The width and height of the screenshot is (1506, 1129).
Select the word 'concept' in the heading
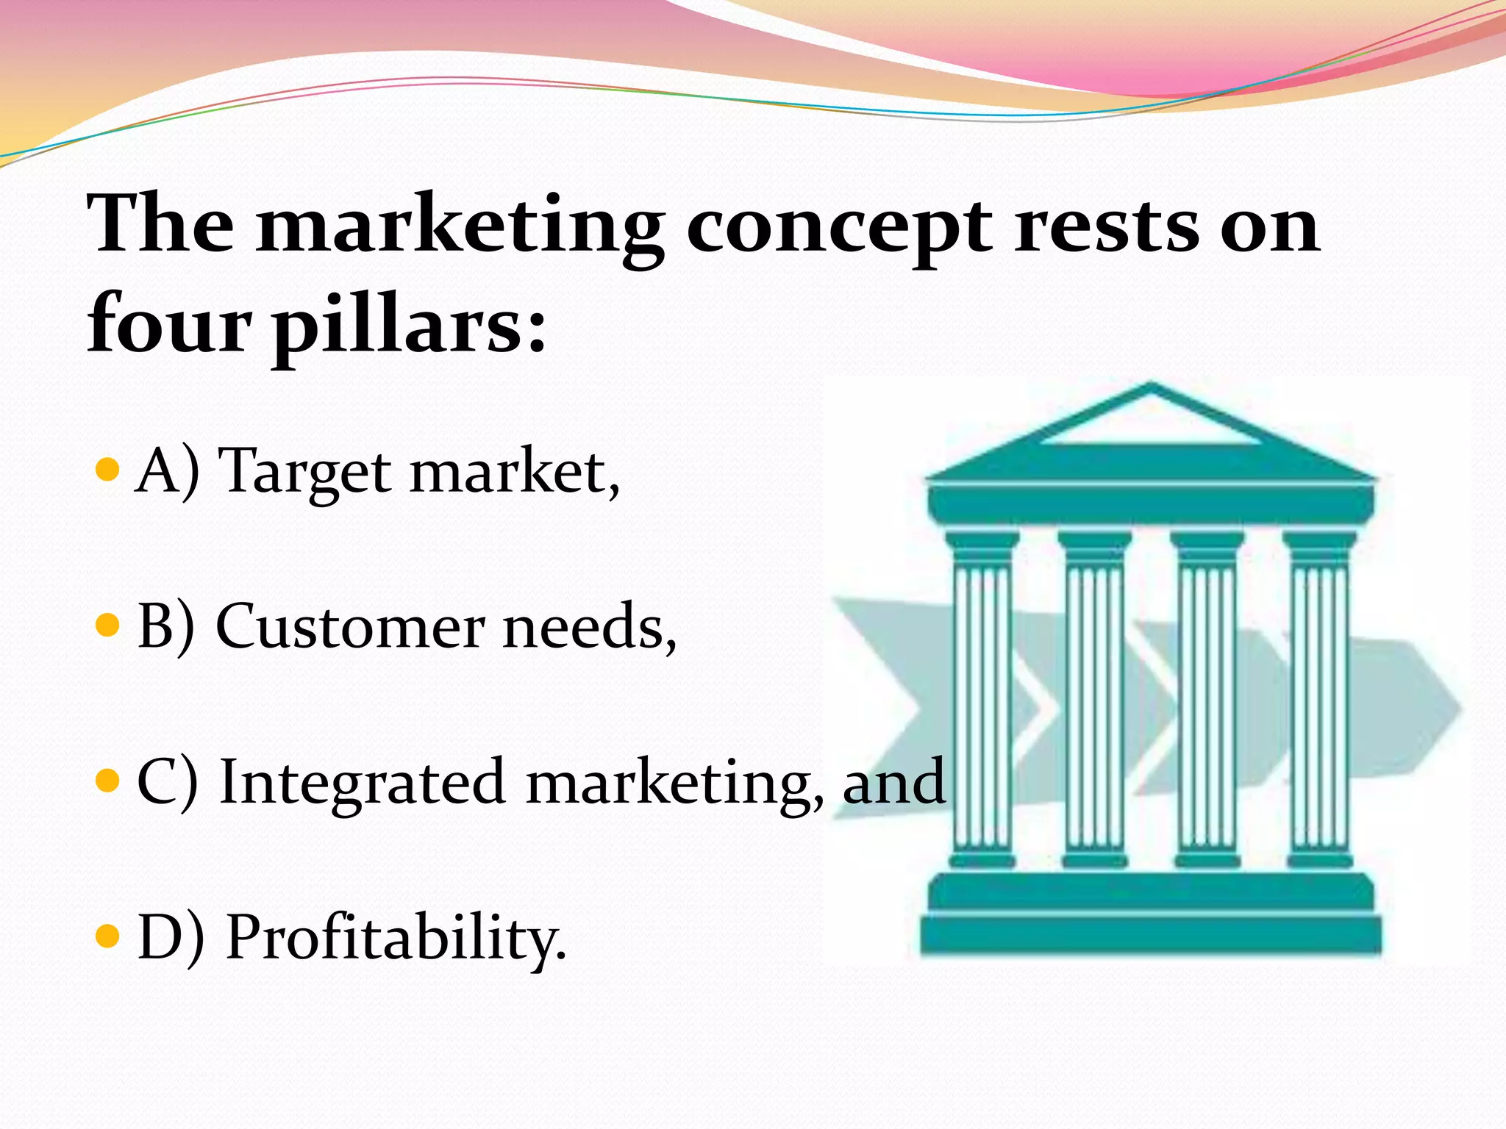coord(838,228)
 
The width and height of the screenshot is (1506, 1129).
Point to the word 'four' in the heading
coord(170,323)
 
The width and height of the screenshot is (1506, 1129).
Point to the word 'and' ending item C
coord(893,782)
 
